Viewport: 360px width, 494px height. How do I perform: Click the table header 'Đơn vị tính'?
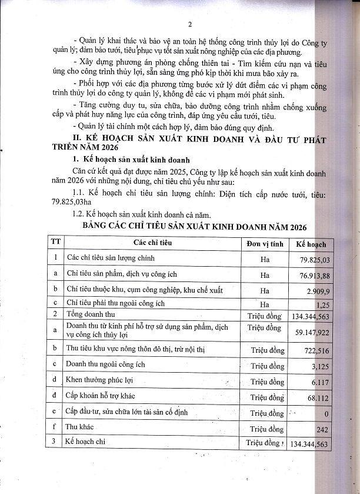coord(265,243)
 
